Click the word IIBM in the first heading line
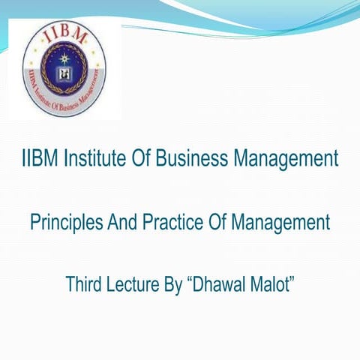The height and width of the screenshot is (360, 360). [x=38, y=159]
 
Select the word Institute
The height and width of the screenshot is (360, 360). [x=94, y=159]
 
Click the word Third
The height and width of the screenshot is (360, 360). [x=84, y=285]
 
